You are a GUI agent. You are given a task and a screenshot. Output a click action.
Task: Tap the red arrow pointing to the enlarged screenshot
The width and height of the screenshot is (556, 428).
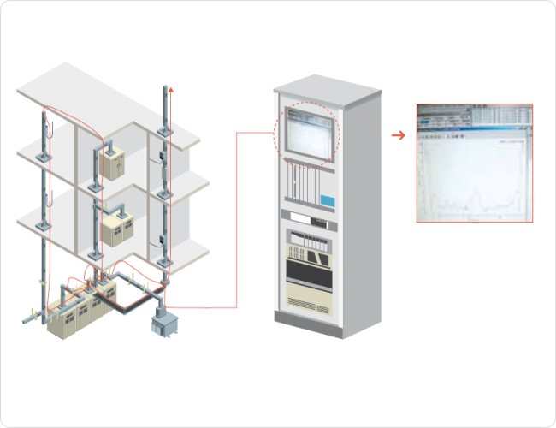[398, 134]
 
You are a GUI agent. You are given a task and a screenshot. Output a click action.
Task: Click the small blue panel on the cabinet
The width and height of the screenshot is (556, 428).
[327, 199]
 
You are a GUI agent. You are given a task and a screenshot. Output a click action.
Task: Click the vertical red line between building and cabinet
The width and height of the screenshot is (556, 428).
[236, 218]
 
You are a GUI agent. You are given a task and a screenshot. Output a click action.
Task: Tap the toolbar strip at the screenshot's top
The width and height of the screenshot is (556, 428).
[474, 115]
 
